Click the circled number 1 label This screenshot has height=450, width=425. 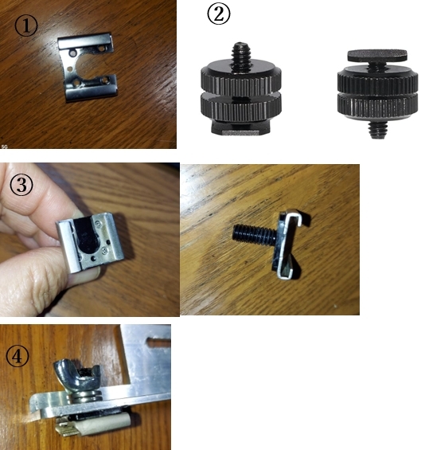coord(26,25)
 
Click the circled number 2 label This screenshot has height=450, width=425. coord(219,14)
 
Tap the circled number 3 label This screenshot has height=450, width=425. coord(21,185)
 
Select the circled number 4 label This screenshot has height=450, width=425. coord(18,356)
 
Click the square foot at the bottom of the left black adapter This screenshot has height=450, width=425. coord(240,127)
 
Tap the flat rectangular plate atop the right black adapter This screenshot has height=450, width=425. coord(377,56)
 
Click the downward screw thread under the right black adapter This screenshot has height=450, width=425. coord(377,129)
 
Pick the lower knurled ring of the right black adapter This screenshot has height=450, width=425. coord(377,105)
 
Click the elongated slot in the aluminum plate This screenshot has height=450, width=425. coord(158,341)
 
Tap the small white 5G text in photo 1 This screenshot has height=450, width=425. coord(4,147)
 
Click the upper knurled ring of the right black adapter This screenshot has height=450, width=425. coord(377,79)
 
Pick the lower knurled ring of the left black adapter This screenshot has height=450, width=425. coord(241,108)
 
